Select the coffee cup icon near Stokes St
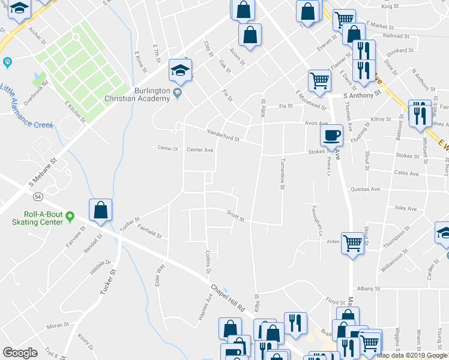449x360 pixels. [331, 135]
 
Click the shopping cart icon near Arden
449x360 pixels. [352, 242]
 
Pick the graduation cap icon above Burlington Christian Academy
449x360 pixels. [179, 70]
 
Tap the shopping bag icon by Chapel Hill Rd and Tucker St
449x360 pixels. [100, 209]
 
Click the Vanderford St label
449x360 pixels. [223, 134]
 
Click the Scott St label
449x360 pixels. [235, 215]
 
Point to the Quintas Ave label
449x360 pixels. [366, 189]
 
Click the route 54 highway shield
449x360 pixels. [37, 196]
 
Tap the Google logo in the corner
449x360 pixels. [20, 352]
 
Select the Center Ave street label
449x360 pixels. [200, 150]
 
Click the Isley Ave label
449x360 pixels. [406, 209]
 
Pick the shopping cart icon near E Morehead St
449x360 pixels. [319, 80]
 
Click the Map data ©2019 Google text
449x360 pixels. [412, 355]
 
